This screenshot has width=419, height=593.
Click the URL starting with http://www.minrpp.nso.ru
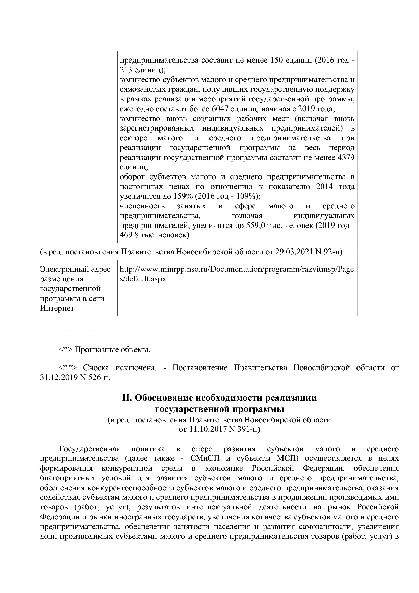237,270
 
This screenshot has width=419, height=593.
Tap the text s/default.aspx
143,279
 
